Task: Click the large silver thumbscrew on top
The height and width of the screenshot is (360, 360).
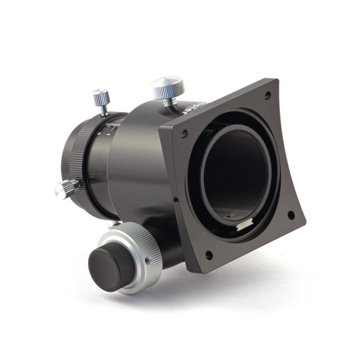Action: point(168,87)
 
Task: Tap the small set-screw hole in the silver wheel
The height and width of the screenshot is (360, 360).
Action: point(148,262)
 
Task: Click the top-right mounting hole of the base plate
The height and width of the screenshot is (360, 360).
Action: point(267,95)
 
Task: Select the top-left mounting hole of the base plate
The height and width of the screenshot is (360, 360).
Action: point(184,134)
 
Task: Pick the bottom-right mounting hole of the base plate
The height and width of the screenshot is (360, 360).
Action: point(290,215)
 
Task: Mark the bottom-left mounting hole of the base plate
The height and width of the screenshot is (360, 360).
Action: point(209,255)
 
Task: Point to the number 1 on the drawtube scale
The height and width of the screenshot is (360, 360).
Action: point(108,135)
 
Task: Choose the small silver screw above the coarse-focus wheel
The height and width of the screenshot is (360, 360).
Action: point(116,225)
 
